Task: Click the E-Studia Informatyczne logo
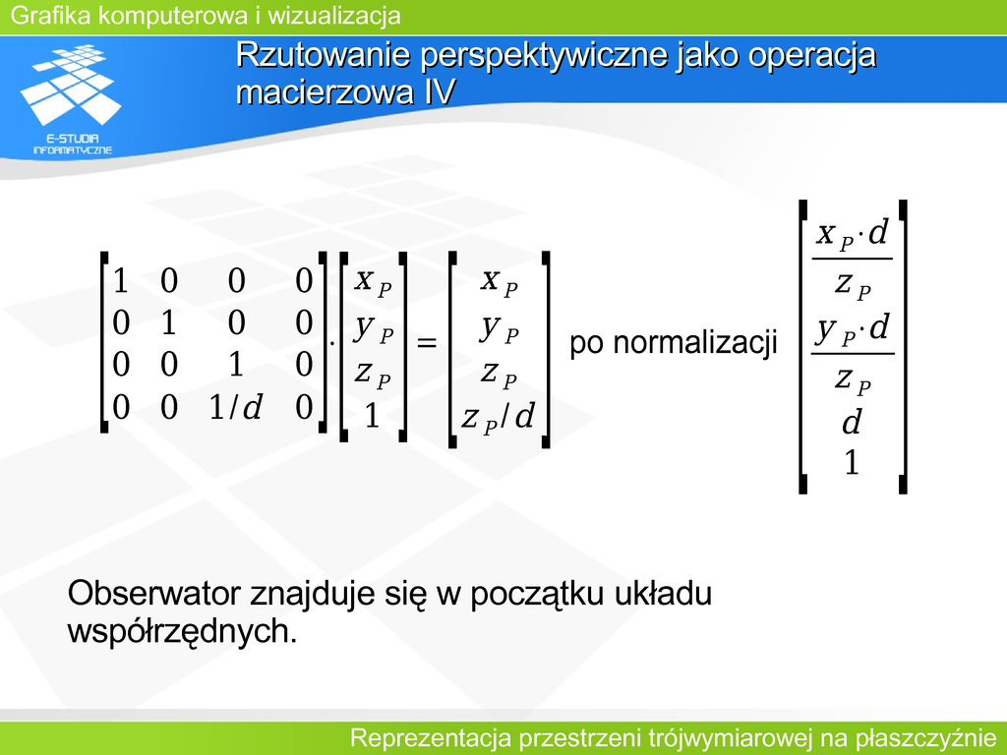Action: [x=71, y=99]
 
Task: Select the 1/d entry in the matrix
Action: [x=236, y=407]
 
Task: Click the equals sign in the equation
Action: [x=427, y=342]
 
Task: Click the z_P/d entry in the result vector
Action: [x=499, y=417]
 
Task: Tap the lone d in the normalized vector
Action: [x=852, y=422]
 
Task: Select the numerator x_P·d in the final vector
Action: [x=853, y=234]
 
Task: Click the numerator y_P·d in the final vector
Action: [x=853, y=329]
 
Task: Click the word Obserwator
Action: [x=154, y=593]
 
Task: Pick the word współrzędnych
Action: [x=182, y=632]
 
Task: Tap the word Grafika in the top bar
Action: [x=51, y=16]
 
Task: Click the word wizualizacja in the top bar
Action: [x=334, y=16]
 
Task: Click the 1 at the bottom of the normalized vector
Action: [x=852, y=462]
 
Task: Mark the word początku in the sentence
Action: [x=537, y=595]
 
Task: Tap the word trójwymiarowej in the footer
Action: [x=729, y=738]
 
